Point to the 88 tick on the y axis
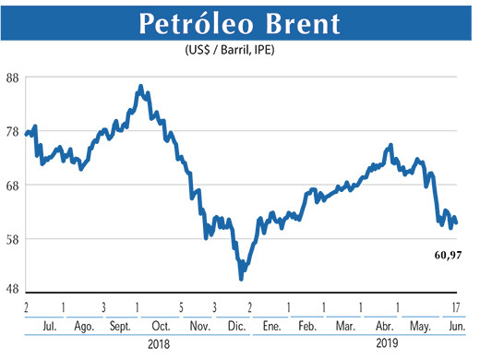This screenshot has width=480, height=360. click(x=14, y=78)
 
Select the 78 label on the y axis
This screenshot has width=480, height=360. click(x=14, y=131)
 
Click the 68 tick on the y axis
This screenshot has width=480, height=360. click(x=14, y=185)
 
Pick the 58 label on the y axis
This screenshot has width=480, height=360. click(x=14, y=239)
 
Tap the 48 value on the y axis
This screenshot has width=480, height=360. click(x=14, y=289)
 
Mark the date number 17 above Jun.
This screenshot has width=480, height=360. click(x=458, y=306)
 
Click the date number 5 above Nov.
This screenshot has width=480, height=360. click(x=181, y=306)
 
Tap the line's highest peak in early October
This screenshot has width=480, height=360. click(x=139, y=87)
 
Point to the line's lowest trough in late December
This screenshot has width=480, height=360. click(x=241, y=277)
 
